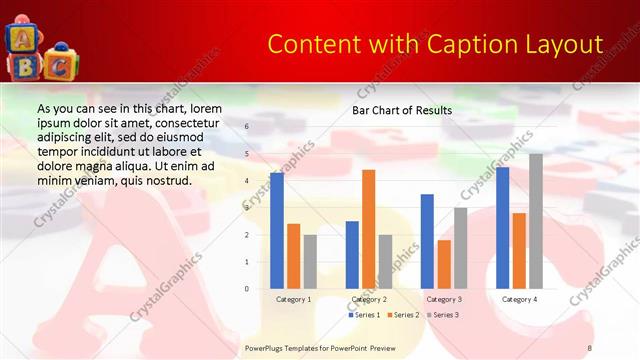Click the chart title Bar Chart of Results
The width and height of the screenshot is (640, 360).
[x=402, y=110]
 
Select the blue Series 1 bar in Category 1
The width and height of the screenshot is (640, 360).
[x=277, y=231]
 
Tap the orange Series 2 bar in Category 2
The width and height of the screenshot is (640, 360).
[x=368, y=229]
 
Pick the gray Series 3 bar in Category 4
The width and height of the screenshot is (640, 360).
[x=536, y=221]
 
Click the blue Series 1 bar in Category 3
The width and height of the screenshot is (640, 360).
[x=427, y=241]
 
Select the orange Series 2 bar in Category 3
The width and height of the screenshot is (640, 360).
[x=444, y=264]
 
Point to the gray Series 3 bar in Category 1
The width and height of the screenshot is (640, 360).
[x=310, y=262]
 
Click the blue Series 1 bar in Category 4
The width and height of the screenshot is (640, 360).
[x=502, y=228]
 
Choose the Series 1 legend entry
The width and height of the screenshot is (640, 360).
[x=364, y=315]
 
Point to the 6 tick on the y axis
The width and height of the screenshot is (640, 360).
[x=247, y=127]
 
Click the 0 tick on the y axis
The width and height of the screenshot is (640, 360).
[x=247, y=289]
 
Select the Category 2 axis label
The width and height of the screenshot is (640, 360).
[x=369, y=299]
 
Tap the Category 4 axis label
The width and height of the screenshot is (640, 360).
[x=519, y=299]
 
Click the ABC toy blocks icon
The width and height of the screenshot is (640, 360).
[x=40, y=51]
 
